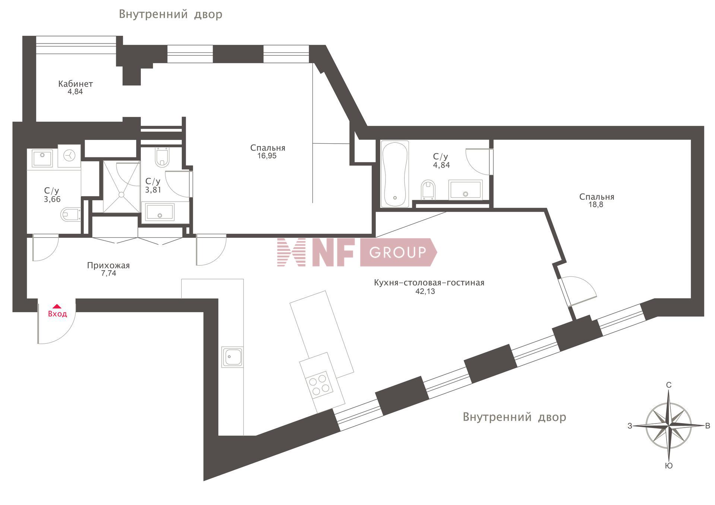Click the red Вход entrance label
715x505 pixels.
(57, 314)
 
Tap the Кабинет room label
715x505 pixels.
(76, 84)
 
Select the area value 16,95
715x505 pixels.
(267, 156)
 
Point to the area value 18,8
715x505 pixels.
(596, 204)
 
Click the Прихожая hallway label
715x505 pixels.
(108, 265)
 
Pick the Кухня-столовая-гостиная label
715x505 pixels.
(429, 283)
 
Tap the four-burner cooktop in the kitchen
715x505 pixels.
(319, 385)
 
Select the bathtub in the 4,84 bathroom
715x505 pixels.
(395, 173)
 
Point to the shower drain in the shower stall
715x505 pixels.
(121, 194)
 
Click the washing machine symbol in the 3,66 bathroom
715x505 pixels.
(69, 156)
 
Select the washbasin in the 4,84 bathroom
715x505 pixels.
(465, 190)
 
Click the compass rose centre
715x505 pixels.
(669, 425)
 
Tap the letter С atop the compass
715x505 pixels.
(669, 385)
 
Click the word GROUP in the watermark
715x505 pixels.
(397, 252)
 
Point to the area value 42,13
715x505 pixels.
(425, 291)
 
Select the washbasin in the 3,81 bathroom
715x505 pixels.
(159, 212)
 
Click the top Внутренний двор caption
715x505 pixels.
(171, 14)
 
